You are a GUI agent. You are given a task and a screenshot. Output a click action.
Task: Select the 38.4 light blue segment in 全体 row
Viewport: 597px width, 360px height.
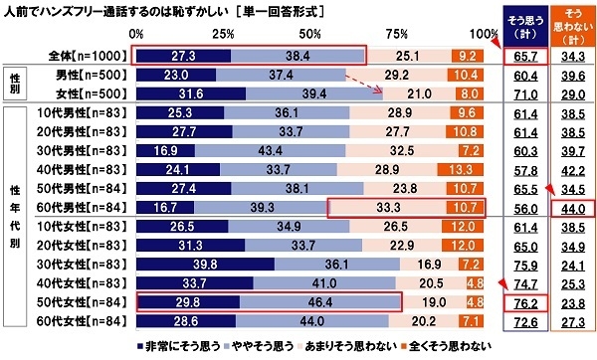(x=297, y=56)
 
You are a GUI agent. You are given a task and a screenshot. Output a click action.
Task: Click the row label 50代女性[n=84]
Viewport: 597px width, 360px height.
(x=80, y=302)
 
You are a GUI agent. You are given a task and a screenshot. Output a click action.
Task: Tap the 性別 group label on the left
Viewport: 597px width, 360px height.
(x=15, y=84)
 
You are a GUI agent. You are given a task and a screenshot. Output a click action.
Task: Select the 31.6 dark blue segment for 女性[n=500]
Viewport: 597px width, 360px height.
(x=190, y=93)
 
